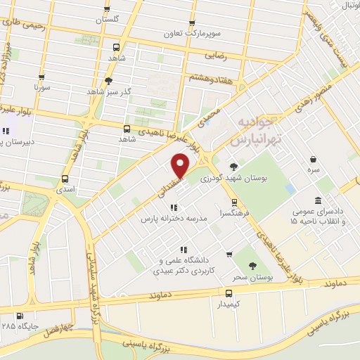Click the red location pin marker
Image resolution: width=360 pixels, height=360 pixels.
point(181,166)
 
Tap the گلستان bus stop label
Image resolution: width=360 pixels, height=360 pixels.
point(108,18)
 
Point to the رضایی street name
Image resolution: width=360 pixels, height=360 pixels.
point(214,54)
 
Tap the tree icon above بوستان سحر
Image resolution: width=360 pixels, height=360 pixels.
point(253,265)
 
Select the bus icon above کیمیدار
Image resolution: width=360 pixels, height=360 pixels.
point(229,293)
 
